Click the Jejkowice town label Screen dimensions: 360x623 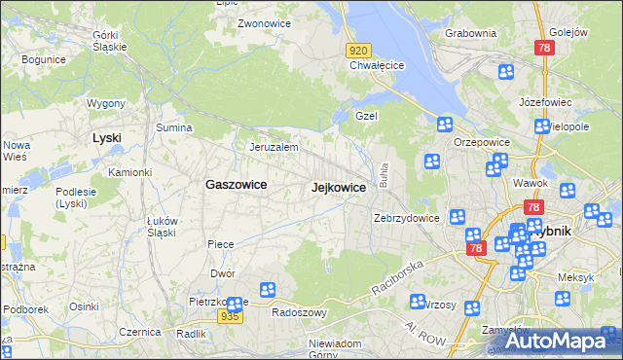click(338, 187)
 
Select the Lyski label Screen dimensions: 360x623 click(106, 138)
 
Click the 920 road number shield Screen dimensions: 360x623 click(359, 50)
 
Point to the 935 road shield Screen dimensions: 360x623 click(230, 316)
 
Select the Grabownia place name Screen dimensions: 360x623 click(470, 33)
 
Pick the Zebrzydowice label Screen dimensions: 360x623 click(406, 218)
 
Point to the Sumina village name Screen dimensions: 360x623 click(174, 127)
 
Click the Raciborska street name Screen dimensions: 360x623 click(398, 277)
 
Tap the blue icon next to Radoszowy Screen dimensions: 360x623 click(268, 290)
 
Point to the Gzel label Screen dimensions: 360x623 click(366, 116)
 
